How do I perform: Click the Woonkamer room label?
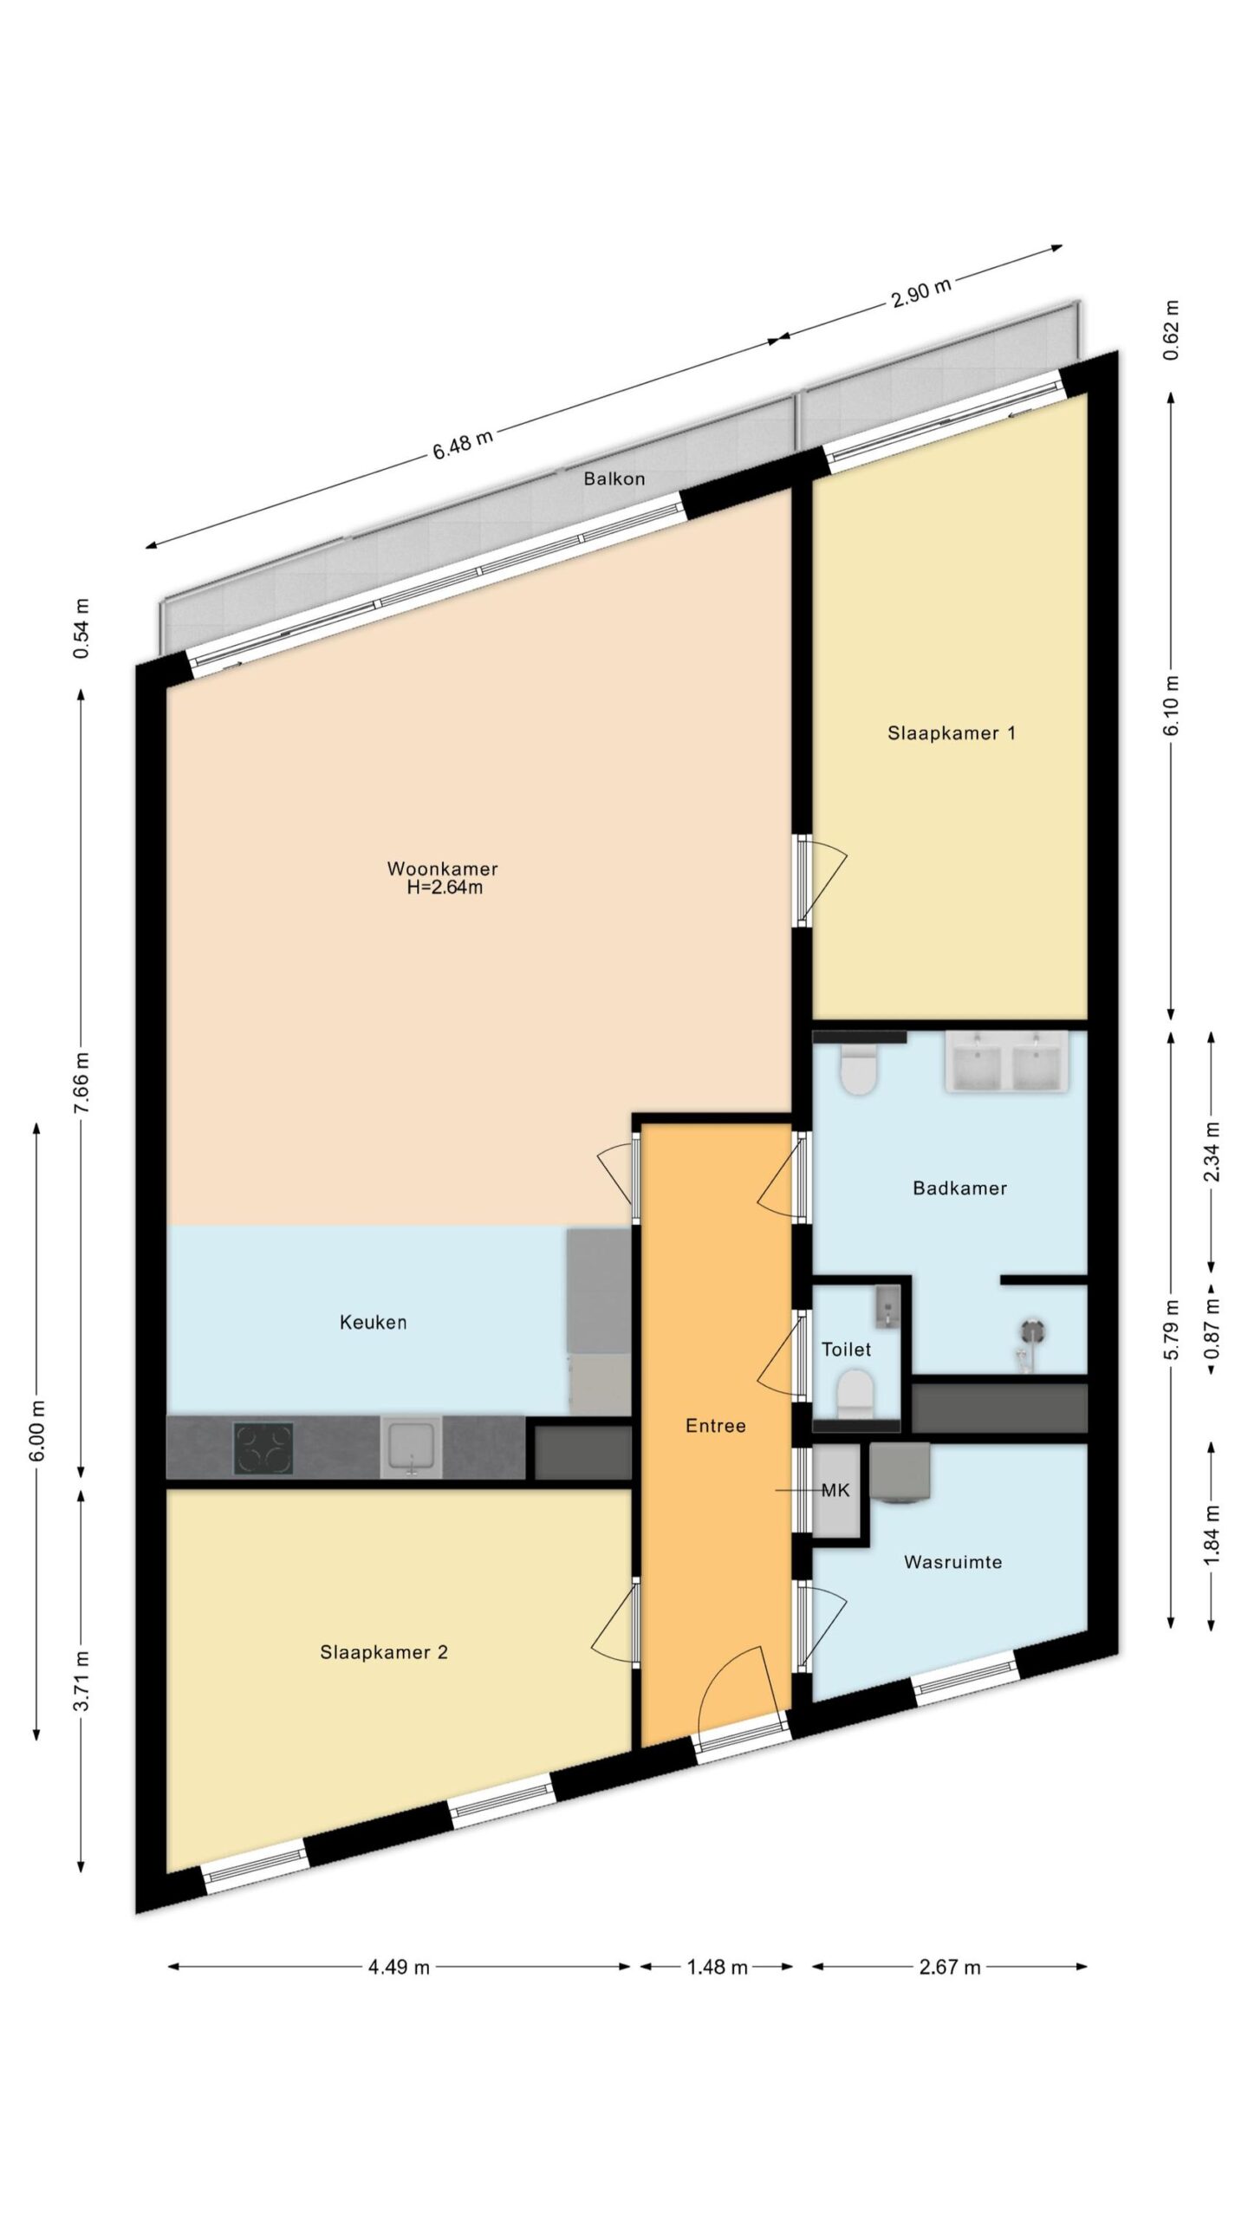(442, 868)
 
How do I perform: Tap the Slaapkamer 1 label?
(951, 732)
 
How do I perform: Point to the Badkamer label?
(959, 1188)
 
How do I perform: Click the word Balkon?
(614, 478)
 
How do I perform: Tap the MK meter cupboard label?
(835, 1490)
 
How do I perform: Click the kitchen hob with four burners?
(263, 1448)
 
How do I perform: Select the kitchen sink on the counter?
(412, 1447)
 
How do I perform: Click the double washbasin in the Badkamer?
(1006, 1061)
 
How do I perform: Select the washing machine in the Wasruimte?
(900, 1471)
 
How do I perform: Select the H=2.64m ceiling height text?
(445, 887)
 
